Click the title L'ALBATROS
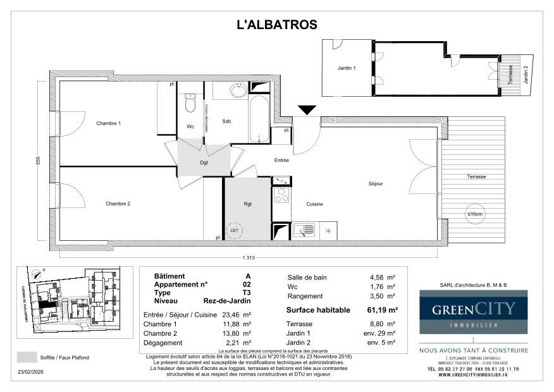tap(276, 25)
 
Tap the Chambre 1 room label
tap(108, 123)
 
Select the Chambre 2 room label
tap(118, 204)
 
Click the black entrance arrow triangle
tap(307, 111)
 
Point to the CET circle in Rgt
tap(235, 230)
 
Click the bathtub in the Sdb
tap(259, 118)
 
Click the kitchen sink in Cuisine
tap(304, 230)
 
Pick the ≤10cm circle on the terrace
tap(474, 214)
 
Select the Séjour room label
tap(376, 184)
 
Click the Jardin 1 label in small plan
tap(347, 68)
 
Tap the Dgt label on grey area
tap(204, 162)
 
